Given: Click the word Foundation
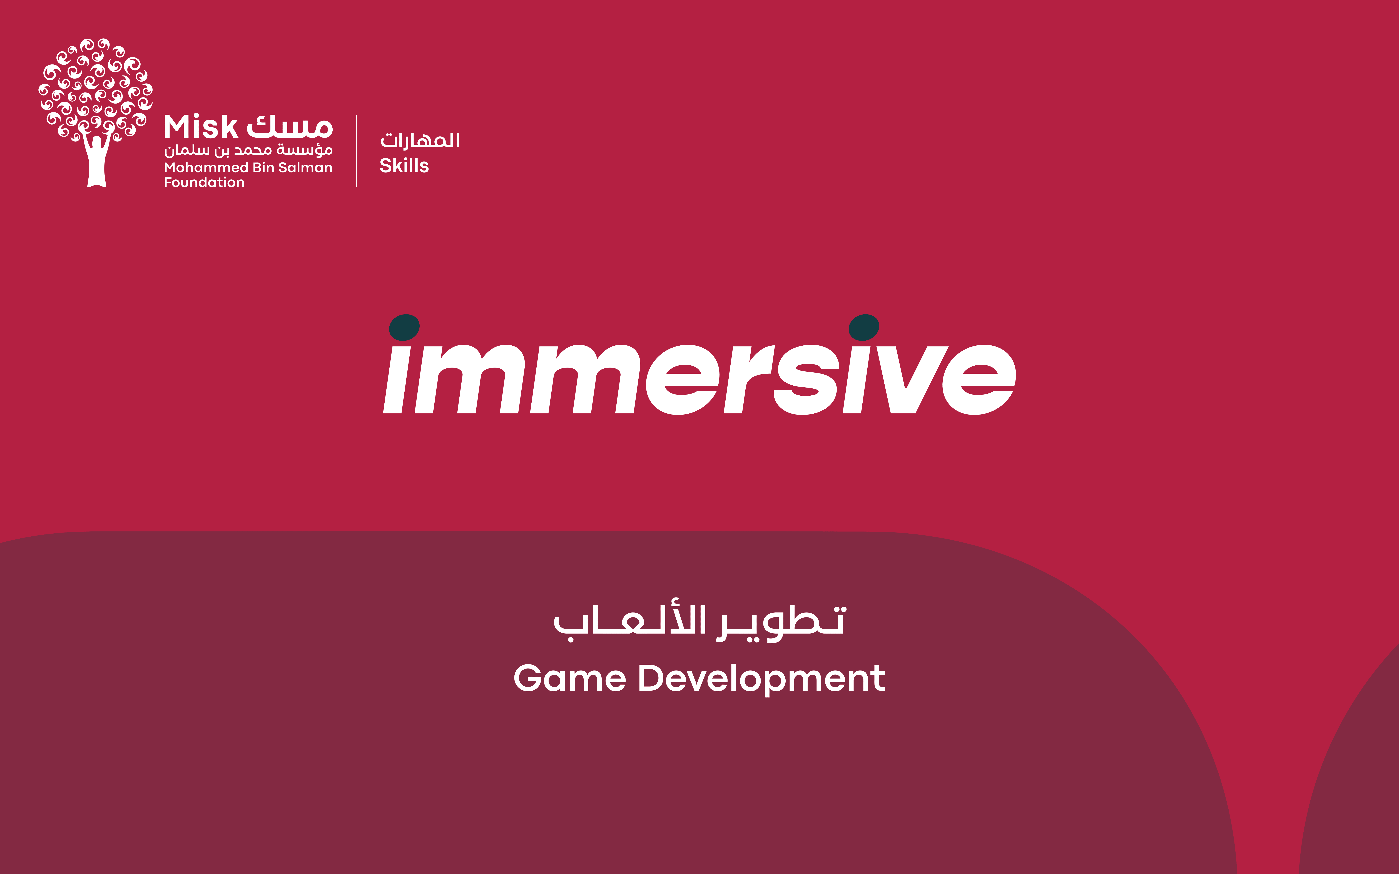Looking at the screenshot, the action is point(204,183).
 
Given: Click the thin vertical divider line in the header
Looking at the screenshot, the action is point(356,151).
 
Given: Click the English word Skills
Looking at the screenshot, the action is point(404,166).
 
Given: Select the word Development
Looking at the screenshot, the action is point(761,679).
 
